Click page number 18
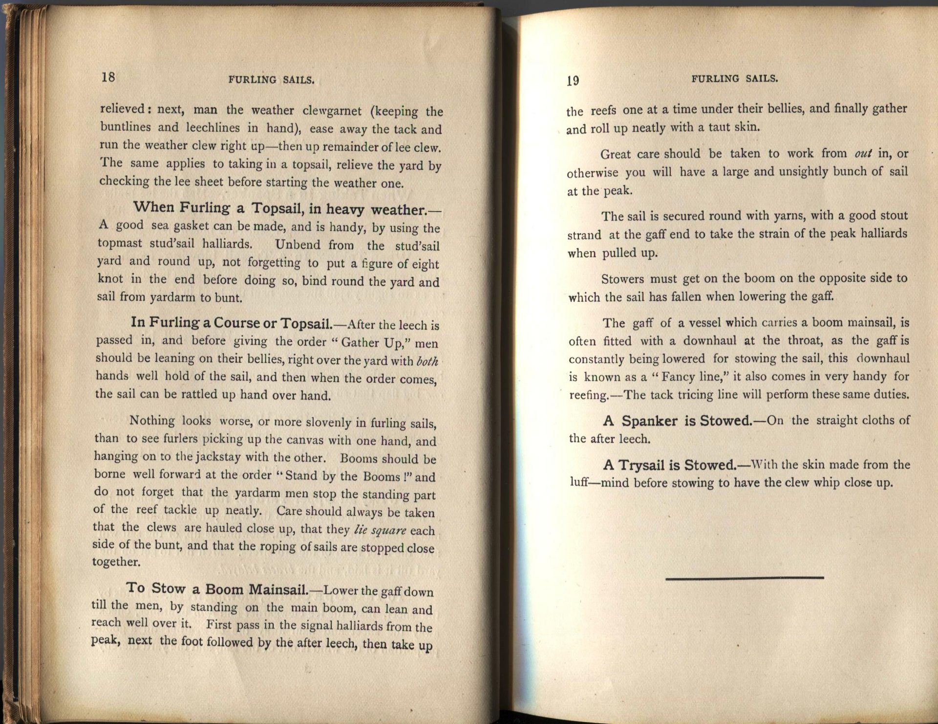point(108,77)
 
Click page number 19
point(573,81)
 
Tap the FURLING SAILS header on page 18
point(271,80)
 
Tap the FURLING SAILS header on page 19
point(734,79)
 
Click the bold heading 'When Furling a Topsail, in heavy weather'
point(287,209)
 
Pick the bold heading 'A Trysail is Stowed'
point(670,465)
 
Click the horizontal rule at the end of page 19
point(745,578)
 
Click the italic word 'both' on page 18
point(427,362)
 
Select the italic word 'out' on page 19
point(863,153)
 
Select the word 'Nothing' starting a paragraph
point(152,421)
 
